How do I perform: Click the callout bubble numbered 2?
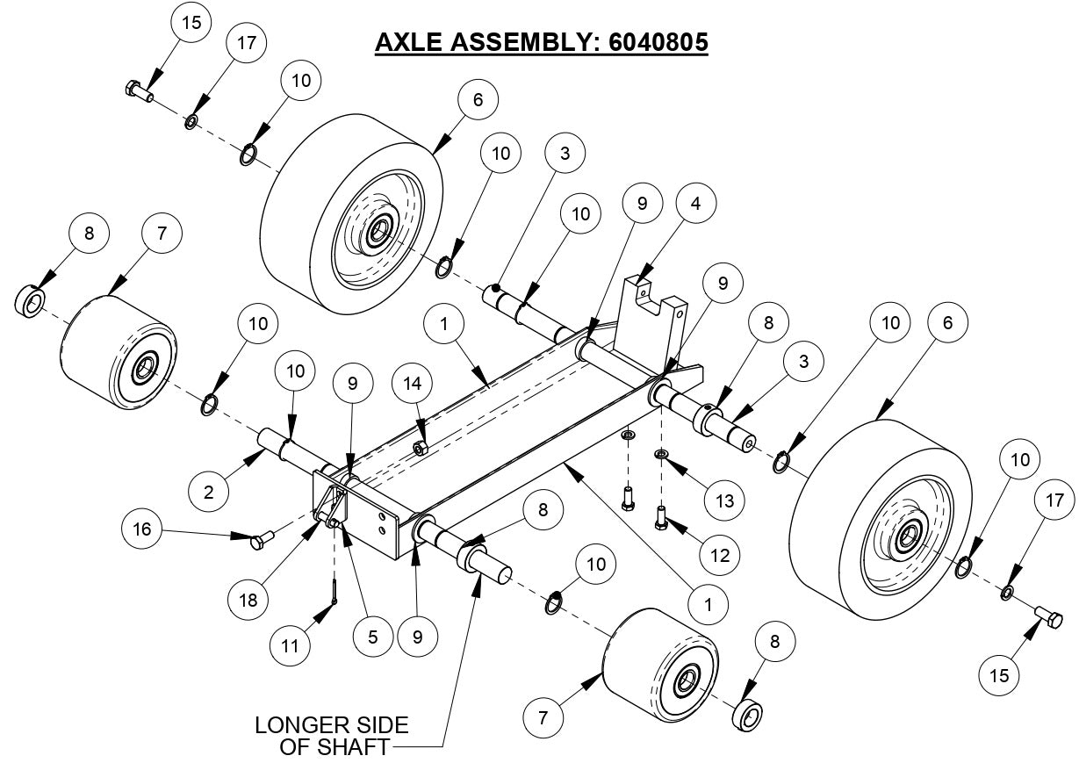pos(209,492)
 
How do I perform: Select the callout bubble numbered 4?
pos(695,204)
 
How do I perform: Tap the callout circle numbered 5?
pos(373,637)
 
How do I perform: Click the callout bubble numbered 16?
pos(143,529)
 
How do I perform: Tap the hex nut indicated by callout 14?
pos(420,449)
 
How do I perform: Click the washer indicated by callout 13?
pos(660,454)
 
